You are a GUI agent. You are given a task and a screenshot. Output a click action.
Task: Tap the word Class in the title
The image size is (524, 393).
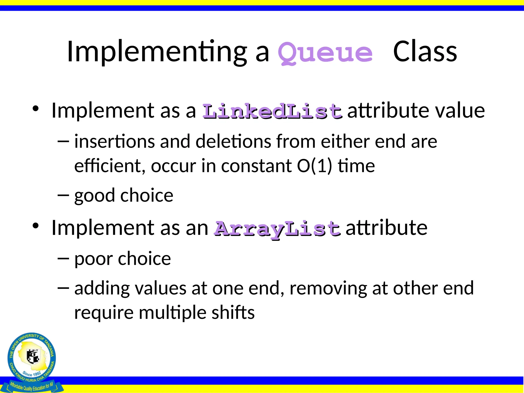[425, 52]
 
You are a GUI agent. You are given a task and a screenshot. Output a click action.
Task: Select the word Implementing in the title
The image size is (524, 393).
[157, 52]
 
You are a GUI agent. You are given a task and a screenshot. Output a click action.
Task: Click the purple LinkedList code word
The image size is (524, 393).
[272, 112]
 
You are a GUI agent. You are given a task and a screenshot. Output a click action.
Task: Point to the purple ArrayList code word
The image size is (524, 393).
[277, 229]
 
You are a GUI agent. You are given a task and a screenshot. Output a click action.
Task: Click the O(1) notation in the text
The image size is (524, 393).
[314, 166]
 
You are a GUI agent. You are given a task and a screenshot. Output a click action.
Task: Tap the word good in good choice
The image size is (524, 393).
[94, 196]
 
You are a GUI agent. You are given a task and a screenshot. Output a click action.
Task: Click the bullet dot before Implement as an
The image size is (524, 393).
[36, 225]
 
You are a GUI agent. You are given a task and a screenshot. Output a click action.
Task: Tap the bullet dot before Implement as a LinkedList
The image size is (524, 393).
[36, 108]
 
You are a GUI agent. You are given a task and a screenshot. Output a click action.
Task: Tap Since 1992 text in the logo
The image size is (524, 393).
[32, 374]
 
